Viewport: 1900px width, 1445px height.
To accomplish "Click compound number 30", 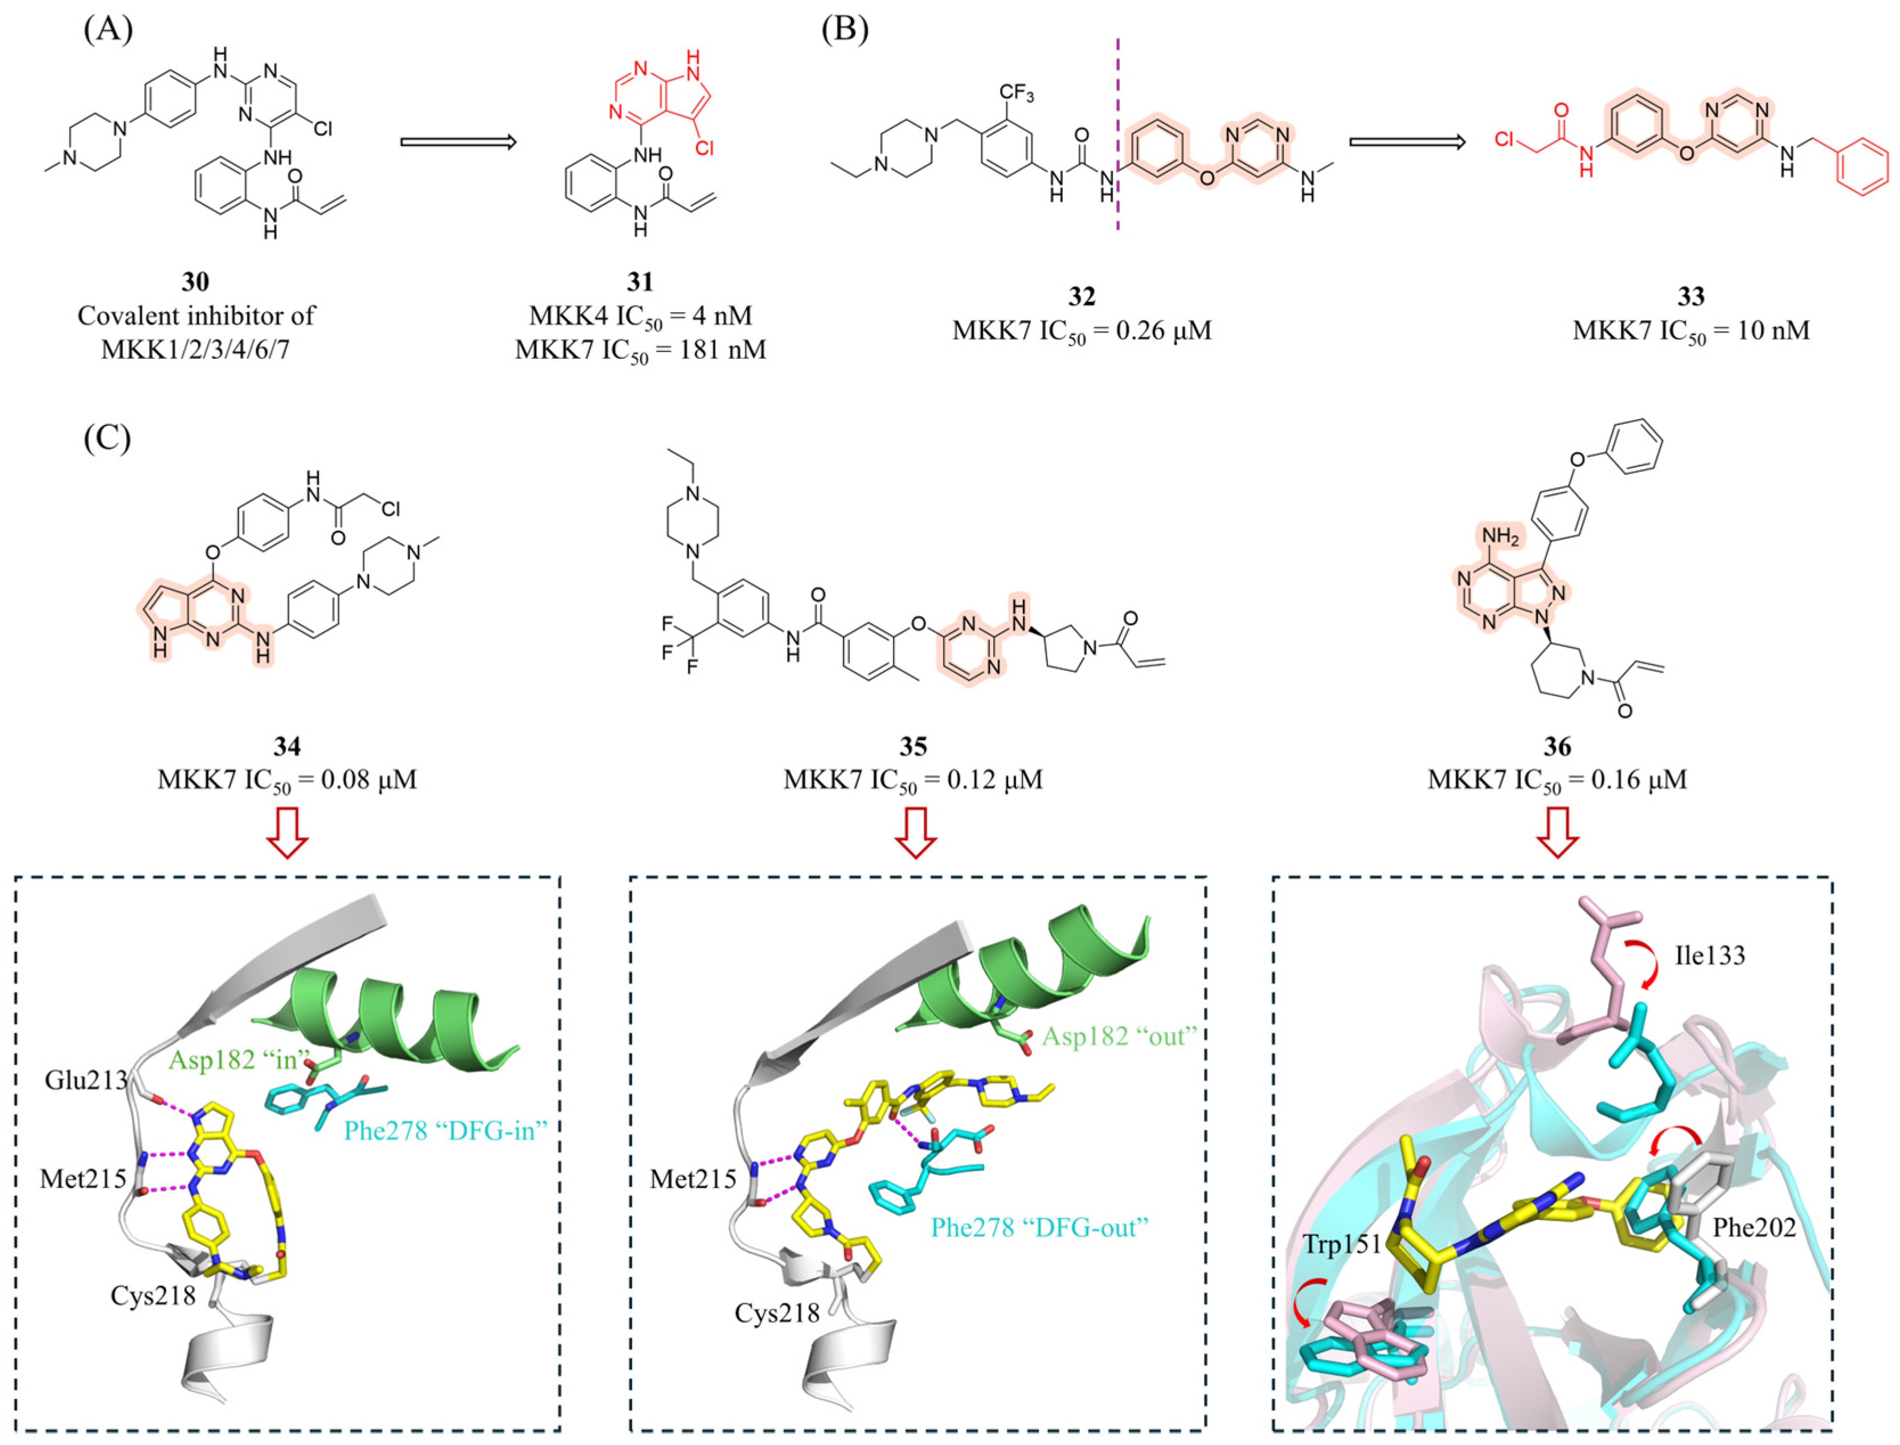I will (x=195, y=281).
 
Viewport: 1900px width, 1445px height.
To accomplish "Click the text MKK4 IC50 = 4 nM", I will (x=640, y=317).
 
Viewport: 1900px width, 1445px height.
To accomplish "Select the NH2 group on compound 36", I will (x=1501, y=537).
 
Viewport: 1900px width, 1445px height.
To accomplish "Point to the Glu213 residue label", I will (x=86, y=1079).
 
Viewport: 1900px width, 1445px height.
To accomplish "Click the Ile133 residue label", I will (x=1710, y=956).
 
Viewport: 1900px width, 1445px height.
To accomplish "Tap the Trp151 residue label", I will (x=1341, y=1245).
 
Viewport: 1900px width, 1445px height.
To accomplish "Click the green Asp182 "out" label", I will (x=1119, y=1037).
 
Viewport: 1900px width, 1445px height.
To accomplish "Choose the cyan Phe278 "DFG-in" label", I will (x=445, y=1130).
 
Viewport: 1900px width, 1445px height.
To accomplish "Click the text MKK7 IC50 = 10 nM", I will (x=1690, y=331).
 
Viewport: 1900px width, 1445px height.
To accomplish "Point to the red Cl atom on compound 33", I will (x=1504, y=140).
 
